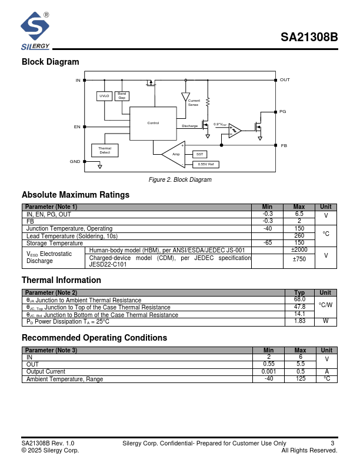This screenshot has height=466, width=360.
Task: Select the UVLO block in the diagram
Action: point(104,96)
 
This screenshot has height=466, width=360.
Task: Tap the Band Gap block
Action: point(122,96)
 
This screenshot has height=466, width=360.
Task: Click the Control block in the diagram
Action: point(153,123)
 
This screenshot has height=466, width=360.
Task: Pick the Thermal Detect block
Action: point(105,151)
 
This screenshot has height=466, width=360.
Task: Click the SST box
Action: point(199,154)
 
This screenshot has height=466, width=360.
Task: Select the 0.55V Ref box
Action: point(205,164)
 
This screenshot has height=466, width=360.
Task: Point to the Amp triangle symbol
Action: point(174,154)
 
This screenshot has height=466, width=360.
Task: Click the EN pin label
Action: point(77,127)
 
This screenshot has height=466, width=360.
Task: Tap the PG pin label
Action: point(282,111)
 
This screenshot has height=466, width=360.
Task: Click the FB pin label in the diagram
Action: point(284,145)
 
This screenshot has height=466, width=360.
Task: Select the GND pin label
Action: point(75,161)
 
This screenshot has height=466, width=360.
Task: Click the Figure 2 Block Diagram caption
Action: point(180,179)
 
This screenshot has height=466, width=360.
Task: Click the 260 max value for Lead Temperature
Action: point(299,236)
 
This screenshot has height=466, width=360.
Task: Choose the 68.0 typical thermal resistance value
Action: point(299,299)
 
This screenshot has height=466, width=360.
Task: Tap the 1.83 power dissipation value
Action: point(299,321)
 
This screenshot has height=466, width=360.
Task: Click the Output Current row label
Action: point(46,372)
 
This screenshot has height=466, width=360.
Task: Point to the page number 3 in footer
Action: point(332,443)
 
